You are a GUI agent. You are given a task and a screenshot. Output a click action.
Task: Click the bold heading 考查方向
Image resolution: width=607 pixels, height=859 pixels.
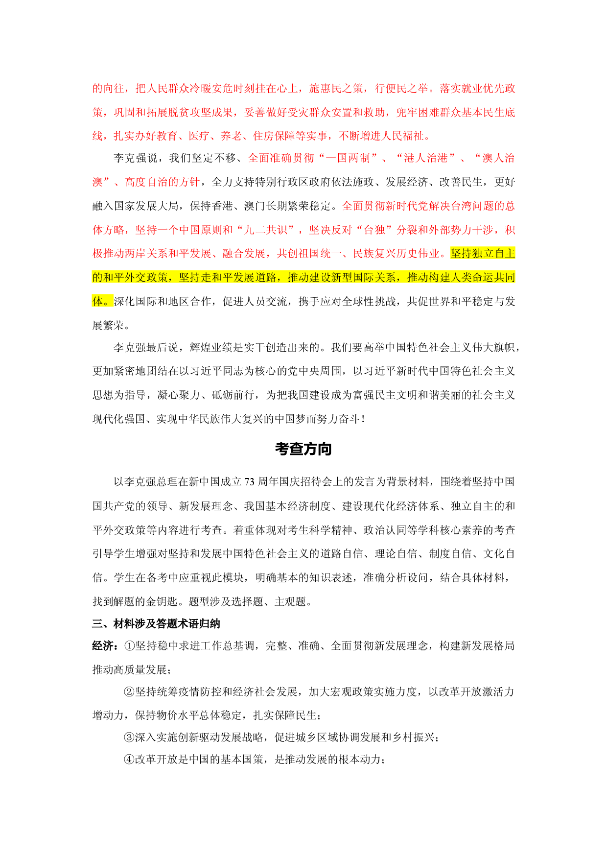tap(303, 449)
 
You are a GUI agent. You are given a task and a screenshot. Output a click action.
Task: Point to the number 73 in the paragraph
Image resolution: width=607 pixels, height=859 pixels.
tap(249, 482)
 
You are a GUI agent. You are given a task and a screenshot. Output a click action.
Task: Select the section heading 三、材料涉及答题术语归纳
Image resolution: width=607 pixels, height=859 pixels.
tap(156, 624)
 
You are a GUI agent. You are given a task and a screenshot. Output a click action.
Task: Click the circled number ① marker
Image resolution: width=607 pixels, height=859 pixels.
tap(130, 646)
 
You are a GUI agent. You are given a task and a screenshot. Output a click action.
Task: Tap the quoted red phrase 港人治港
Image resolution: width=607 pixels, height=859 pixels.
tap(426, 158)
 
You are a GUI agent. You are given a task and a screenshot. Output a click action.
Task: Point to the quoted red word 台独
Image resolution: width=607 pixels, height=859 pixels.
tap(375, 230)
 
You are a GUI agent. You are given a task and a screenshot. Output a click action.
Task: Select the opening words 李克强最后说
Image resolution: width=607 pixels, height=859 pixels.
tap(146, 348)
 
